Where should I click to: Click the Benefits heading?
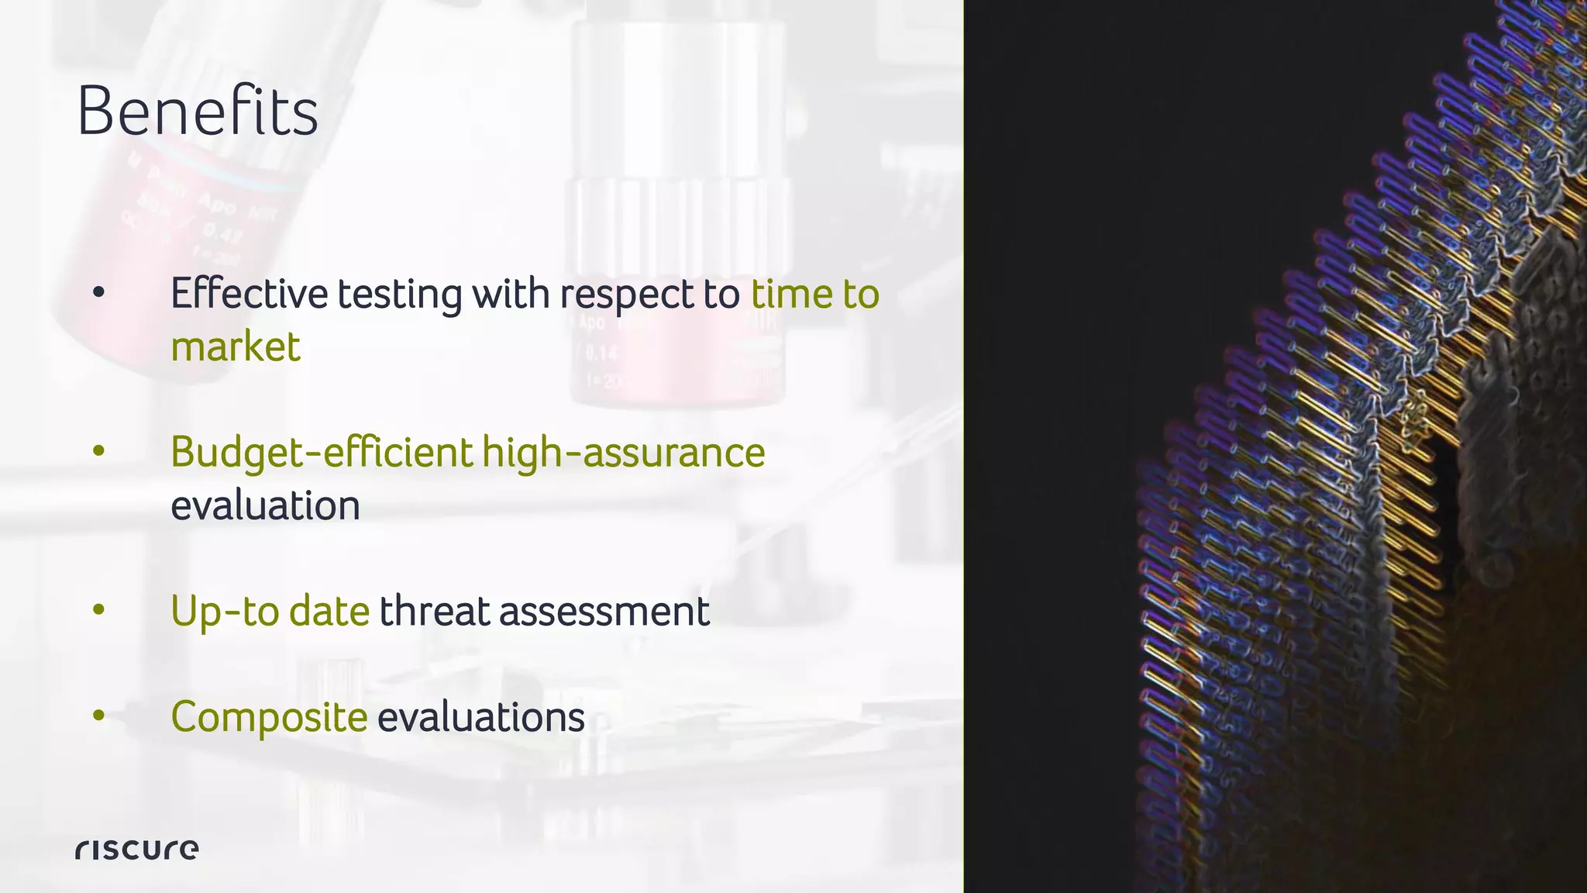pos(198,112)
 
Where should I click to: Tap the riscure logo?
pos(137,849)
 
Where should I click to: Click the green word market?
pos(236,347)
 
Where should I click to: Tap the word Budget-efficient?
pos(322,453)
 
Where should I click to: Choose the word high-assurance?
pos(624,453)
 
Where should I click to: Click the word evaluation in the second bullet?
pos(265,505)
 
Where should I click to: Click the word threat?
pos(435,611)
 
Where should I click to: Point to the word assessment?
pos(604,611)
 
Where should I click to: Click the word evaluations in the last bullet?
pos(481,717)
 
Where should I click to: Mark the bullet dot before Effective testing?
pos(98,293)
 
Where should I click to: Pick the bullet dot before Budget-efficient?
pos(98,451)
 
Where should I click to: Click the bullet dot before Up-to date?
pos(98,610)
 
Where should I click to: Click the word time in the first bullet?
pos(791,294)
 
